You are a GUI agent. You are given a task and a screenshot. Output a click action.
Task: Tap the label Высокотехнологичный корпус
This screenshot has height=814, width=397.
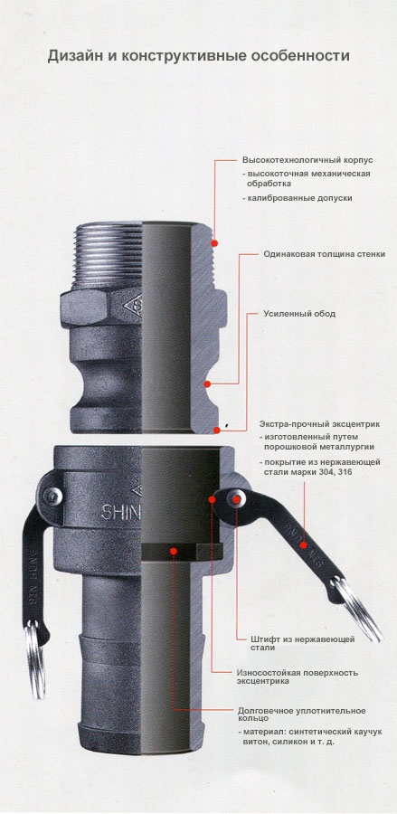(307, 160)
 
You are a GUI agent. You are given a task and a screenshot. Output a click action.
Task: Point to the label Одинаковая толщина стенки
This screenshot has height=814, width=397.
(325, 254)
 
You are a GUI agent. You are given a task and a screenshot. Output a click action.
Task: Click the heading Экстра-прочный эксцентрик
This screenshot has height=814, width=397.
(318, 424)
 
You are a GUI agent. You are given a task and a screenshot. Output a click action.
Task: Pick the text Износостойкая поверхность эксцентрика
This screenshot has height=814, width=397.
(297, 677)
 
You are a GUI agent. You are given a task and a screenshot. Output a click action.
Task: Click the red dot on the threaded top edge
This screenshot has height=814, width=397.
(214, 243)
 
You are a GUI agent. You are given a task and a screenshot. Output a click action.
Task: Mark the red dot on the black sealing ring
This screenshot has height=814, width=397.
(174, 550)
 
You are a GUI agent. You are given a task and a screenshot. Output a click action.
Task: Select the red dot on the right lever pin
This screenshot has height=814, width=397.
(237, 499)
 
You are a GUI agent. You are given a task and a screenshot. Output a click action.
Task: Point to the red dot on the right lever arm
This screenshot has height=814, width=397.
(304, 545)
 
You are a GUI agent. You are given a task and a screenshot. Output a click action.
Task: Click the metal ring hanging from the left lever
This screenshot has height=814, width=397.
(34, 661)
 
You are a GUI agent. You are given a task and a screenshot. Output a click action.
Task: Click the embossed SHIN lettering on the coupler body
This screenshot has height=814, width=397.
(120, 514)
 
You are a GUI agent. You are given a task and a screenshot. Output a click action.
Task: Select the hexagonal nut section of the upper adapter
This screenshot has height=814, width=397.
(101, 307)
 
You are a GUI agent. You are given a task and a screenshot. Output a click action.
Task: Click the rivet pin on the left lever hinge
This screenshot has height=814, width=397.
(52, 497)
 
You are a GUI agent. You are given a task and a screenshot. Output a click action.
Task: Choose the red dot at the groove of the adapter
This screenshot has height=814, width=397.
(207, 384)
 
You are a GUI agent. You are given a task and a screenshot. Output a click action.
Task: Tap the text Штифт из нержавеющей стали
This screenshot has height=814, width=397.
(295, 643)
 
